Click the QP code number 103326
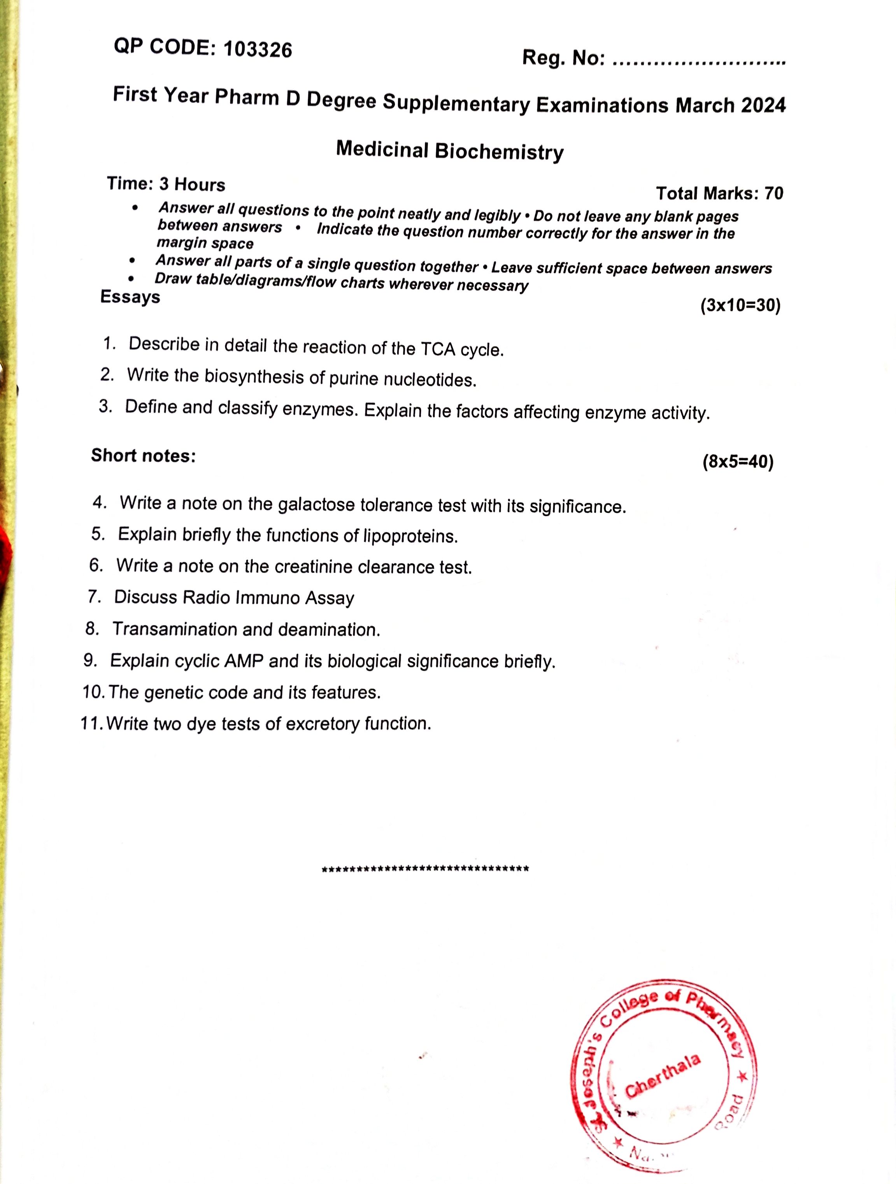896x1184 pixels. [258, 50]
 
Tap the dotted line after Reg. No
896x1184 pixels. [698, 60]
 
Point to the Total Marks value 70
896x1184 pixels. [773, 193]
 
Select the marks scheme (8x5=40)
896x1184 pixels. [738, 461]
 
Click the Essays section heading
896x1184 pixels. [130, 297]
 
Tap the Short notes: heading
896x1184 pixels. [143, 456]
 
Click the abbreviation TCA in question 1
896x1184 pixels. [437, 349]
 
